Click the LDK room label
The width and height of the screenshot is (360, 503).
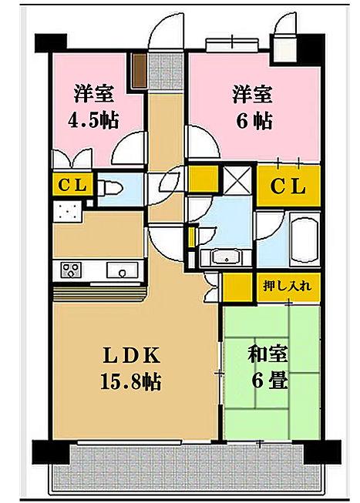pyautogui.click(x=131, y=356)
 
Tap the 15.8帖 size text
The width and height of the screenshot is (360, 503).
pyautogui.click(x=131, y=381)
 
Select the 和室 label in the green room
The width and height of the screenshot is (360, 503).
pyautogui.click(x=267, y=354)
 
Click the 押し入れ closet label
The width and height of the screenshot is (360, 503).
pyautogui.click(x=287, y=285)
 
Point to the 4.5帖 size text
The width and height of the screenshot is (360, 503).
pyautogui.click(x=93, y=120)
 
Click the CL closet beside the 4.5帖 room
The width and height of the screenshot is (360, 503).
pyautogui.click(x=72, y=185)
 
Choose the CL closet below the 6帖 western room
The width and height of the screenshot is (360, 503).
pyautogui.click(x=288, y=186)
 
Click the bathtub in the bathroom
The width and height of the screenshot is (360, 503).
pyautogui.click(x=304, y=238)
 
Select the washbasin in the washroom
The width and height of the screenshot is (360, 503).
pyautogui.click(x=227, y=257)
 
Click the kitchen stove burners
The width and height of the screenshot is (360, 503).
pyautogui.click(x=71, y=270)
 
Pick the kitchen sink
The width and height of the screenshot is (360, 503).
pyautogui.click(x=122, y=270)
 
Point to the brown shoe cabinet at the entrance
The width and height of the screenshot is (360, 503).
pyautogui.click(x=140, y=71)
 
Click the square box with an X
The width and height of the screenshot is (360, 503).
pyautogui.click(x=237, y=180)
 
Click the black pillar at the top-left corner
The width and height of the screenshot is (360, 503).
pyautogui.click(x=50, y=42)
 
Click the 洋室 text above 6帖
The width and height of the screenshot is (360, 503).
pyautogui.click(x=252, y=95)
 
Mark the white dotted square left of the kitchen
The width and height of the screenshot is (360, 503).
pyautogui.click(x=67, y=211)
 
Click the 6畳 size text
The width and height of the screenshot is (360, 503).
pyautogui.click(x=270, y=381)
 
